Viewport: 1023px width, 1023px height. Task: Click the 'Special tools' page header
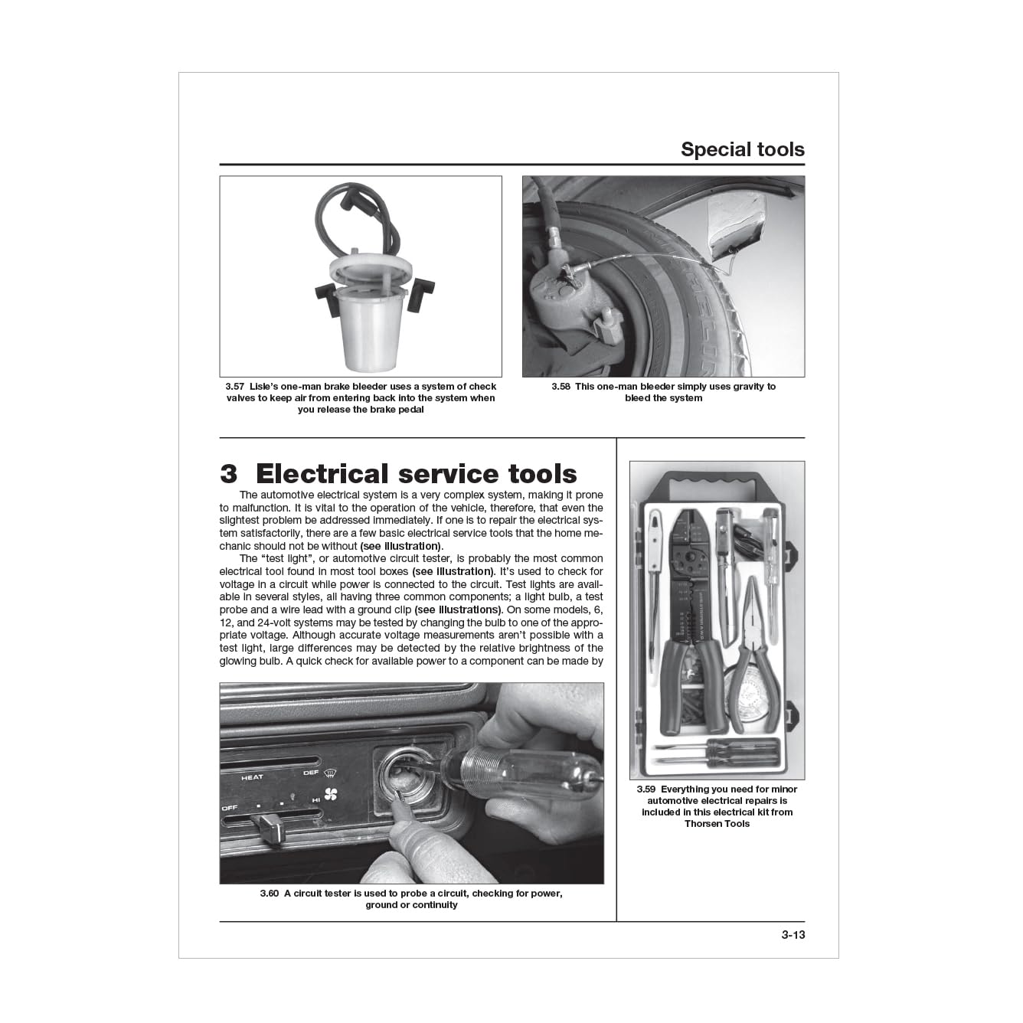point(742,150)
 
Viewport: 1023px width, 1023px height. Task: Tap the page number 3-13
point(793,949)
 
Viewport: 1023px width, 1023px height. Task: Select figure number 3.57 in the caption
point(234,387)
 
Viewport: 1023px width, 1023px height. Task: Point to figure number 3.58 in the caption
point(561,387)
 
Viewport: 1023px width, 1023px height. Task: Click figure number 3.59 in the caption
point(646,789)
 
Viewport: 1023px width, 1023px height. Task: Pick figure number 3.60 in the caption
point(270,894)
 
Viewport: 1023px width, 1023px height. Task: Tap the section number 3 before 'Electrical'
point(228,473)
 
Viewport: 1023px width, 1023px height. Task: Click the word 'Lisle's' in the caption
point(264,387)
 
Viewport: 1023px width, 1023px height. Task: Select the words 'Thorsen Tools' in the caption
point(717,824)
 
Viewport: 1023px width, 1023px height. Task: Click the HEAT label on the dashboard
point(252,778)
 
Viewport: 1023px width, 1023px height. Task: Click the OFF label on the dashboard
point(230,808)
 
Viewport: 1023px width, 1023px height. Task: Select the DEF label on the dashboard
point(311,773)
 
